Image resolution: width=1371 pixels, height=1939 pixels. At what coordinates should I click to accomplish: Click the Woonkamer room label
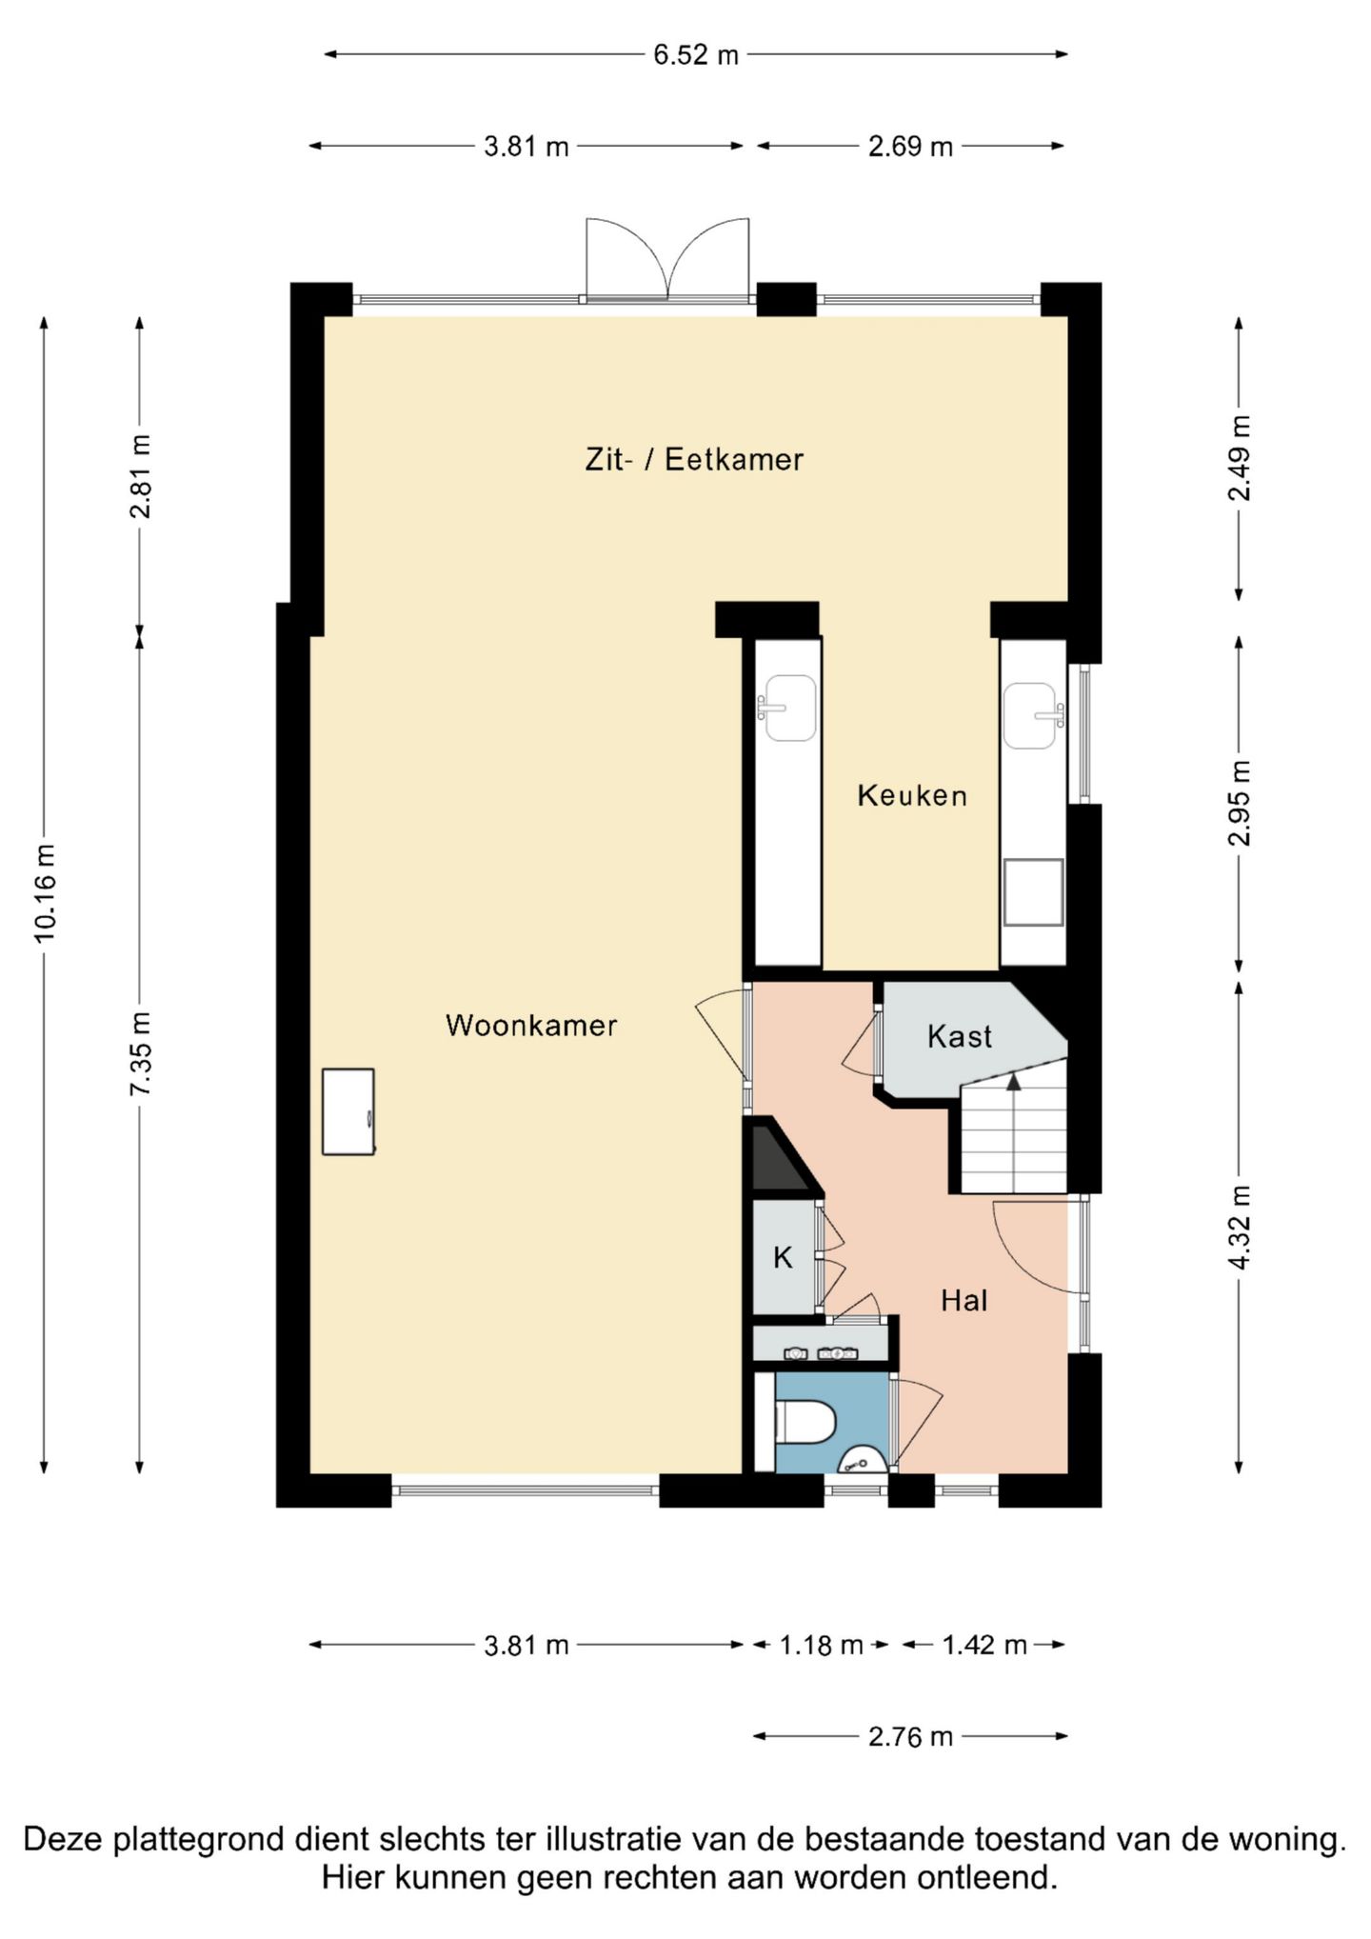(x=531, y=1026)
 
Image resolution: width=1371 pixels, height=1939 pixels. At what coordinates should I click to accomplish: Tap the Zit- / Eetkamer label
(x=694, y=460)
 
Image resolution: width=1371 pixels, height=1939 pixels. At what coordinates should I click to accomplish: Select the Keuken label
(x=912, y=795)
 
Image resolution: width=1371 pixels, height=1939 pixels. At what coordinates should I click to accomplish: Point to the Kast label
(x=960, y=1036)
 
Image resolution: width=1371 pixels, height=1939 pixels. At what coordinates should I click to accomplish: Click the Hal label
(x=964, y=1301)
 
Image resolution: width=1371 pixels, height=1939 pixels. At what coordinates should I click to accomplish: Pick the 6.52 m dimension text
(x=696, y=55)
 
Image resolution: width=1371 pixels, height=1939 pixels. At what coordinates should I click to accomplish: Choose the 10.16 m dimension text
(x=45, y=893)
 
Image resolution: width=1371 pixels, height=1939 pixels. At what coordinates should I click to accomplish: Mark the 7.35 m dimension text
(x=141, y=1053)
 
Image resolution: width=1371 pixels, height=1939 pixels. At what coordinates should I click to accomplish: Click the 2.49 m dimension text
(x=1240, y=458)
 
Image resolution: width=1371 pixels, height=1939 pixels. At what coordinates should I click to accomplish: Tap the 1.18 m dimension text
(x=822, y=1646)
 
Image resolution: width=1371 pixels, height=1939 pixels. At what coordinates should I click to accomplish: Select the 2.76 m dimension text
(x=910, y=1737)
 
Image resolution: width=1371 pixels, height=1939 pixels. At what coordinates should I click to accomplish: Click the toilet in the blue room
(x=805, y=1423)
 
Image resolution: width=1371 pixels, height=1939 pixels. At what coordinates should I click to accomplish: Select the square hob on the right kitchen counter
(x=1033, y=892)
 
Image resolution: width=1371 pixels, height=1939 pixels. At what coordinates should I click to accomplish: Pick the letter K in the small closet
(x=783, y=1258)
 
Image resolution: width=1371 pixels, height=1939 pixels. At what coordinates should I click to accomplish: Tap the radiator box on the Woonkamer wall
(x=348, y=1111)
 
